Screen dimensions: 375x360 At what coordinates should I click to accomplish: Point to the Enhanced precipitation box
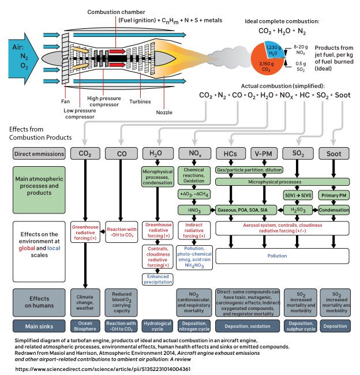click(x=157, y=279)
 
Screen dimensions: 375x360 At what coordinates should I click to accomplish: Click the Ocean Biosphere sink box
click(x=85, y=326)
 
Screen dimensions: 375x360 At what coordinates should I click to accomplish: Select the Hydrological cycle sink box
click(x=157, y=326)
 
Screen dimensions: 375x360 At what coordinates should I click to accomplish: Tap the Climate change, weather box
click(x=85, y=303)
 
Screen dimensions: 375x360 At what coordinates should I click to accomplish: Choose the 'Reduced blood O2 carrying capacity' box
click(x=121, y=303)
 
